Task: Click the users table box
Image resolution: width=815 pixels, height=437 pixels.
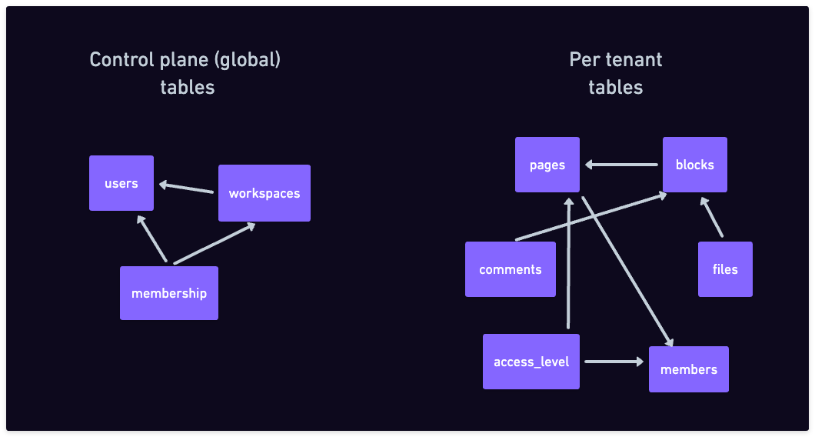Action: point(121,183)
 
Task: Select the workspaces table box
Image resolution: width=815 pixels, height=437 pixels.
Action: point(264,193)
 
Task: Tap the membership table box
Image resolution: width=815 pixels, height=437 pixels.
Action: point(169,293)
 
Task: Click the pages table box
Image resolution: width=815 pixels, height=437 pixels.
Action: point(547,165)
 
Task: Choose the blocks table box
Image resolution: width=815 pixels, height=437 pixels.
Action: point(694,165)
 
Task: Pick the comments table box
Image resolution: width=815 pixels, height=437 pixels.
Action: point(511,269)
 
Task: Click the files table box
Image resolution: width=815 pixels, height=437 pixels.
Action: point(725,269)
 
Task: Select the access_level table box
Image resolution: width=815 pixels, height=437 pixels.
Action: point(531,362)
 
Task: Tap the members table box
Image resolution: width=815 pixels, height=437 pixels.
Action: point(689,369)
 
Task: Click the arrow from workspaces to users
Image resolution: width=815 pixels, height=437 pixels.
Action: point(186,188)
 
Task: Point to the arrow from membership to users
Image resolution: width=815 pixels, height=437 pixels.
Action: point(151,239)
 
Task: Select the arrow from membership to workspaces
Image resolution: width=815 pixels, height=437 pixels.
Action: point(215,243)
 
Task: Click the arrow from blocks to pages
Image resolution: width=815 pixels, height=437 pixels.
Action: point(621,165)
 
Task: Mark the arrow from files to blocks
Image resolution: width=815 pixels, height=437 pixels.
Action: point(711,217)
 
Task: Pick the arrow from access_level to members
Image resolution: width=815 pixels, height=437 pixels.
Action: point(614,361)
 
